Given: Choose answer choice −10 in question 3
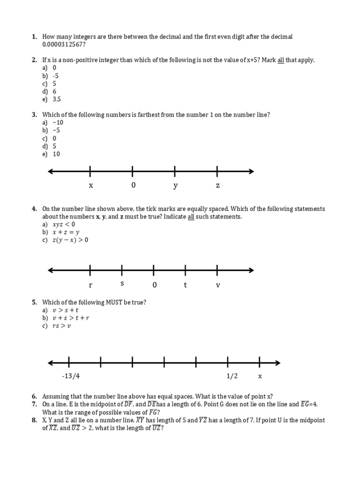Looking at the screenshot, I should [58, 123].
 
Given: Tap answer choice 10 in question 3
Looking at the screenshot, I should [56, 154].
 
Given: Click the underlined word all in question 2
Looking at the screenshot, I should [282, 60].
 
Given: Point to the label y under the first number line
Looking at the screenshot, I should [175, 186].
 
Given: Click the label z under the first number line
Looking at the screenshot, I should [217, 186].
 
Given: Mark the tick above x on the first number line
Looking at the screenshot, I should [90, 171].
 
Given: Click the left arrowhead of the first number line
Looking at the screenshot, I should [51, 171].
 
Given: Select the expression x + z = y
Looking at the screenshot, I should [66, 232].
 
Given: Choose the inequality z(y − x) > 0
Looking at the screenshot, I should [70, 240].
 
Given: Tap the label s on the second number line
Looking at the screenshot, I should [122, 284].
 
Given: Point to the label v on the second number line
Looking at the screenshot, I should [217, 285].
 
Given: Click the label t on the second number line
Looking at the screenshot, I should [186, 285].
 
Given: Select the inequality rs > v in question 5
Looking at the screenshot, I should [62, 326].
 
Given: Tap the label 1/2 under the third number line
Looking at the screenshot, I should [232, 376].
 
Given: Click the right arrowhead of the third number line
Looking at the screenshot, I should [278, 362].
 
